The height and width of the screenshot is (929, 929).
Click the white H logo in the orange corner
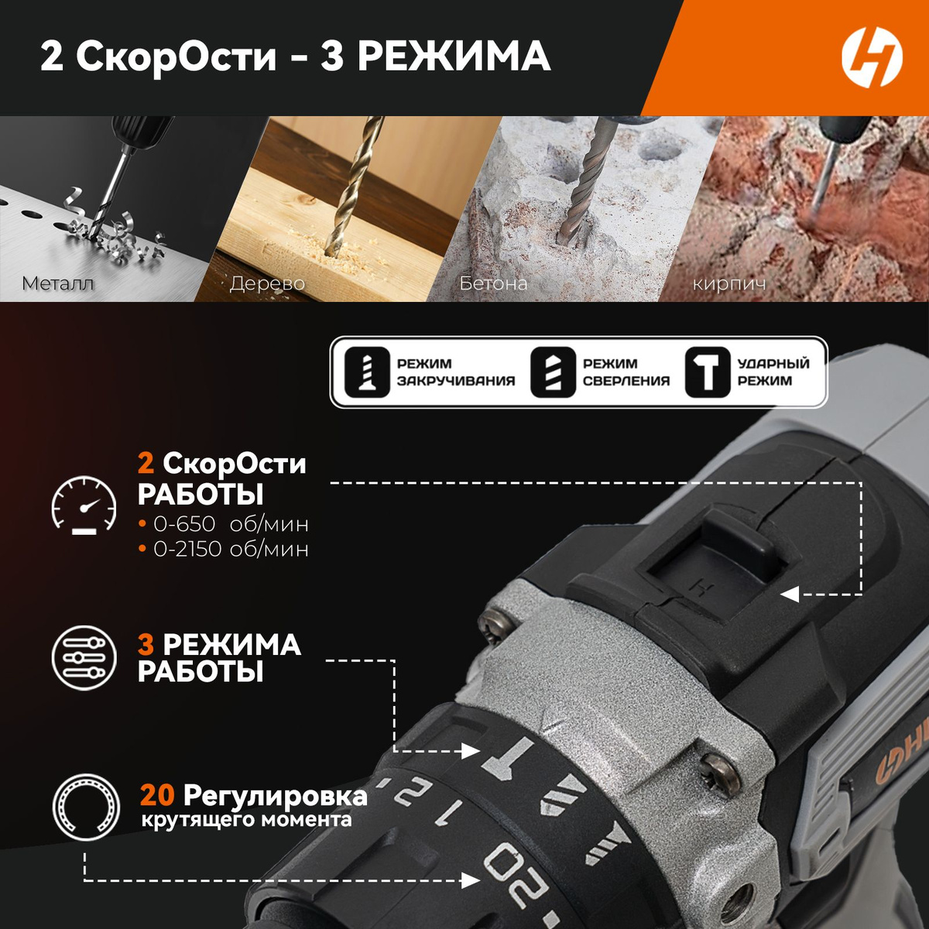872,57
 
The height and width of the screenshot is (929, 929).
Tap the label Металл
58,283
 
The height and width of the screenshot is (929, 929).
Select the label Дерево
267,283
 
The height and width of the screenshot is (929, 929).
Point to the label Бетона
492,283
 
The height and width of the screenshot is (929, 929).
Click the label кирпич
729,284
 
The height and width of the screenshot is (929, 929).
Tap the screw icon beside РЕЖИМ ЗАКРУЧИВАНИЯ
367,372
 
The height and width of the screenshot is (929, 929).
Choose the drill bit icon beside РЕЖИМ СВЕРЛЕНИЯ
553,372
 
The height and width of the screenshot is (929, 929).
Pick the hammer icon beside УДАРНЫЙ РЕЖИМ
708,372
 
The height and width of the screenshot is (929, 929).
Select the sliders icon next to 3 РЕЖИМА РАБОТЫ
84,657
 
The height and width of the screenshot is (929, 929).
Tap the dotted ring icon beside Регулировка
86,807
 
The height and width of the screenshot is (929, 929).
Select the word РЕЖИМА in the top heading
454,57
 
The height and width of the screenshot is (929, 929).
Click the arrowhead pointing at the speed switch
789,594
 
